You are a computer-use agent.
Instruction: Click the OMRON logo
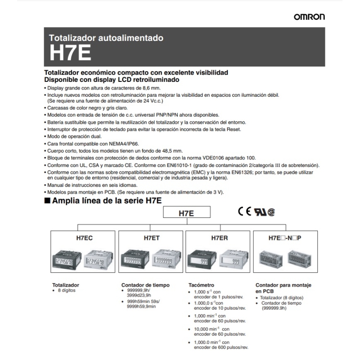point(309,17)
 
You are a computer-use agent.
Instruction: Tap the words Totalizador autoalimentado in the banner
point(105,38)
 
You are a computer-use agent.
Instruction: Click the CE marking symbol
point(245,212)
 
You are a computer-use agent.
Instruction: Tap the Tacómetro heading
point(201,285)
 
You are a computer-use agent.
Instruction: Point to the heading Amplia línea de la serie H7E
point(107,201)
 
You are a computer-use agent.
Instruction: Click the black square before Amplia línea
point(47,201)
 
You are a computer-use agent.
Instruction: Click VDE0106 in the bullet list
point(219,158)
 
